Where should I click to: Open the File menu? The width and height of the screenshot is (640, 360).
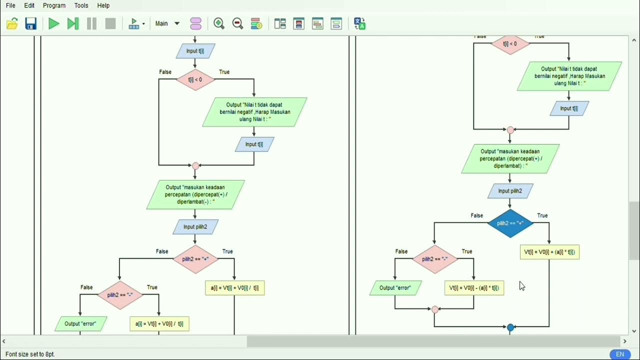(10, 5)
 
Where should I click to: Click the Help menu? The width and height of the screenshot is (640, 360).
(103, 5)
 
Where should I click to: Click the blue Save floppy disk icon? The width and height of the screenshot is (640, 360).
(31, 23)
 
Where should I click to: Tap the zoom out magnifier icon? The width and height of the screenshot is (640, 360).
(237, 23)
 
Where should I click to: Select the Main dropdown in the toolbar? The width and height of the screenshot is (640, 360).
(167, 23)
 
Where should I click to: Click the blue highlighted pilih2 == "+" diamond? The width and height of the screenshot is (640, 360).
(510, 223)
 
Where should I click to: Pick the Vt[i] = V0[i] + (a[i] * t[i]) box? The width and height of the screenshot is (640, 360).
(549, 252)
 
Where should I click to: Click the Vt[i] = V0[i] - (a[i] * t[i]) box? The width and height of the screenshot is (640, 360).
(474, 288)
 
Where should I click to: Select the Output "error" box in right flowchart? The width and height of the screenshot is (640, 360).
(395, 288)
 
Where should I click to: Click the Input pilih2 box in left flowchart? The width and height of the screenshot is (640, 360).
(195, 227)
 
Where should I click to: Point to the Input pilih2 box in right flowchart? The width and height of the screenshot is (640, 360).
(510, 191)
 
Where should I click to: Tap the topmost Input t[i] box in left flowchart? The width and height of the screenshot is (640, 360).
(195, 51)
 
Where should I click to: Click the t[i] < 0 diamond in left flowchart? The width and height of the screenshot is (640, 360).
(195, 80)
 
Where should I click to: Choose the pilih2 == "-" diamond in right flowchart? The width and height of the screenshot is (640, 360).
(434, 259)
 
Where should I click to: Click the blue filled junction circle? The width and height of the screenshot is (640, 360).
(510, 328)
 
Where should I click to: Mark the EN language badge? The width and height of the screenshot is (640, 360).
(620, 354)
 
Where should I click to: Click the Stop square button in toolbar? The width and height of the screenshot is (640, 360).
(110, 23)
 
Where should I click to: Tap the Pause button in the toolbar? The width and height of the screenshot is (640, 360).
(91, 23)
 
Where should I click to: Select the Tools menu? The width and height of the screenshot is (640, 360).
(81, 5)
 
